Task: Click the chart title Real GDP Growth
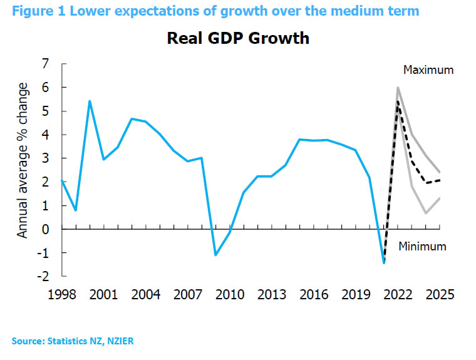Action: (238, 38)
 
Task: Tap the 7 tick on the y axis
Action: (44, 64)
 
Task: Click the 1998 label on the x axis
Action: (62, 294)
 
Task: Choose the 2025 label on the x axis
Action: (438, 294)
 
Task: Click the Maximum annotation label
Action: (428, 70)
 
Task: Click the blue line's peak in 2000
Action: (90, 101)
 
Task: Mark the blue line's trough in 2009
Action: (215, 255)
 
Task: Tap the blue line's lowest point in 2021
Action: (383, 262)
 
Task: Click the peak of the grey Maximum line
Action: (398, 88)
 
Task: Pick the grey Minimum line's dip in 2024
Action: (426, 213)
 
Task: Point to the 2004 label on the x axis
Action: (147, 294)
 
